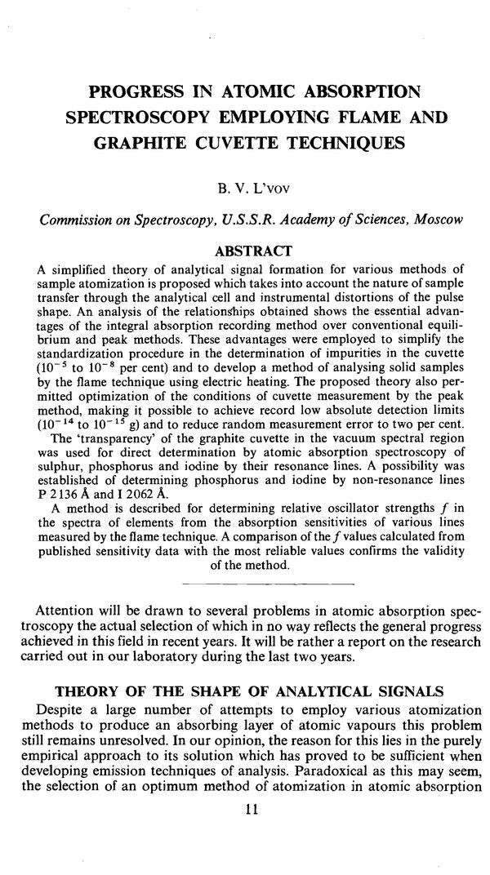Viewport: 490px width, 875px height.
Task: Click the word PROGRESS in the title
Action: click(x=137, y=89)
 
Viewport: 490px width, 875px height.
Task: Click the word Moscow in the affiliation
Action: click(x=434, y=221)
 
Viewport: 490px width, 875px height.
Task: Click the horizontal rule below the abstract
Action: click(x=246, y=585)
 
